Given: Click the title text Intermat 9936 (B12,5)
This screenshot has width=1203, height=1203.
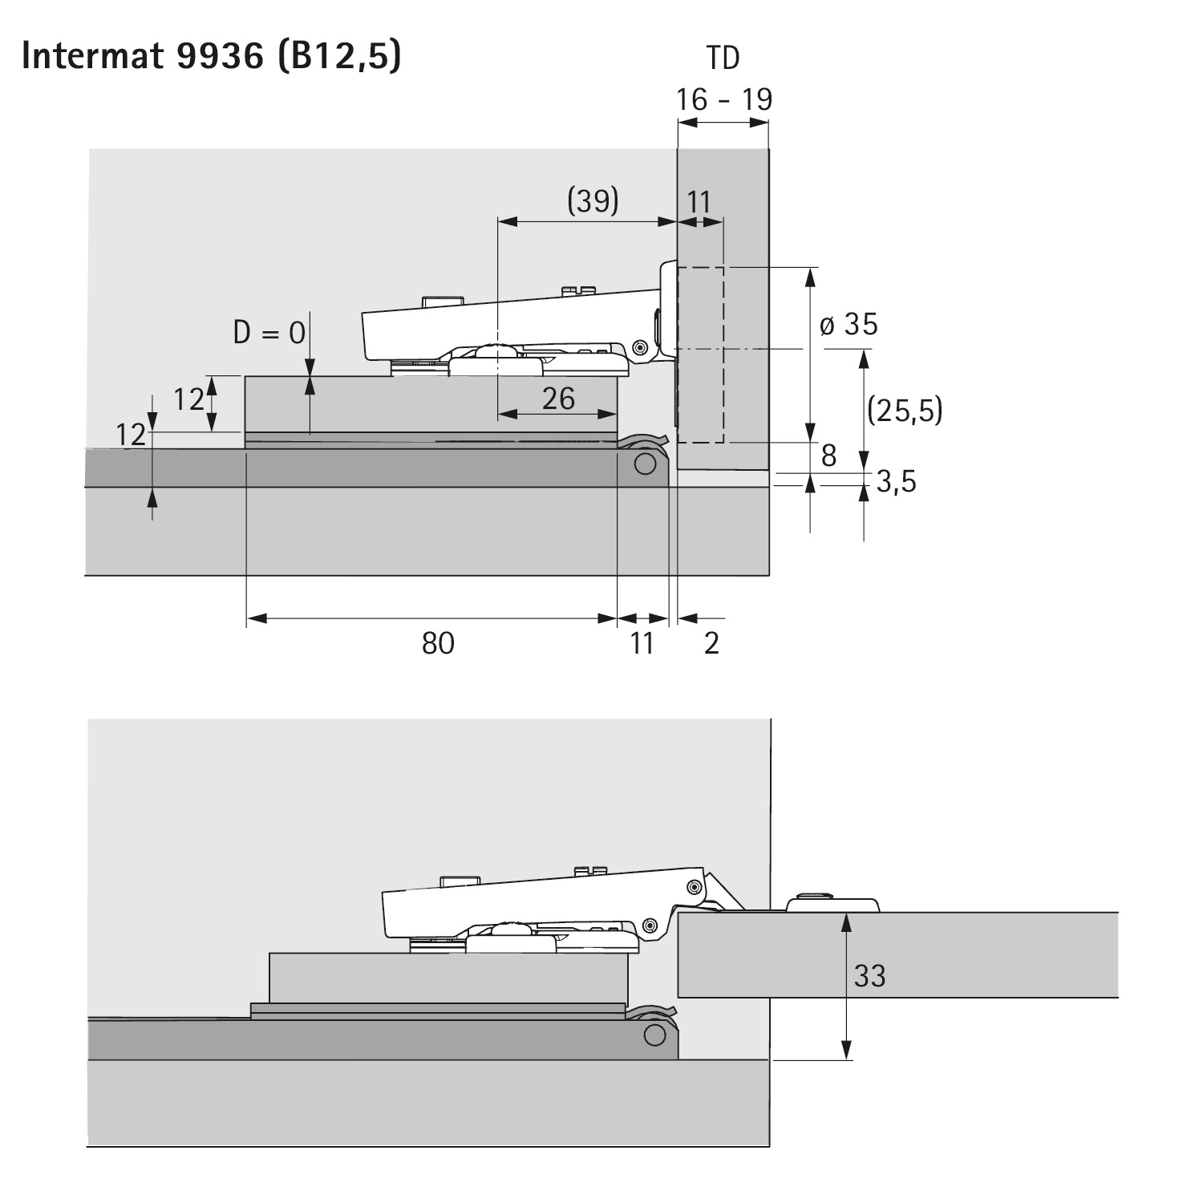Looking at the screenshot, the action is (211, 56).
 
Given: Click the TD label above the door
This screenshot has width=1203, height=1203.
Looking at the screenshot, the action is (723, 58).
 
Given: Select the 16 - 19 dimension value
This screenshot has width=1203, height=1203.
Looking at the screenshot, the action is (723, 99).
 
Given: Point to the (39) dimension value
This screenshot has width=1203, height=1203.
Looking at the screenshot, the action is (593, 200).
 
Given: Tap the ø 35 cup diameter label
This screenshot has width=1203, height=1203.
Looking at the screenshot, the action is (849, 324).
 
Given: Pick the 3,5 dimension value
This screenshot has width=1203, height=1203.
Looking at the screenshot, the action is (896, 482).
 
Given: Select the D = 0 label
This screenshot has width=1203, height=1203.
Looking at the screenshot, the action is (269, 331).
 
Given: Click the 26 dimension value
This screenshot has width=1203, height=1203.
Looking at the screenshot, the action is (558, 398).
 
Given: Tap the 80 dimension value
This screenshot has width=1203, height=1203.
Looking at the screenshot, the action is (438, 643).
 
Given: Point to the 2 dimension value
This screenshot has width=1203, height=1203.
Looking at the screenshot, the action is (711, 643).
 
